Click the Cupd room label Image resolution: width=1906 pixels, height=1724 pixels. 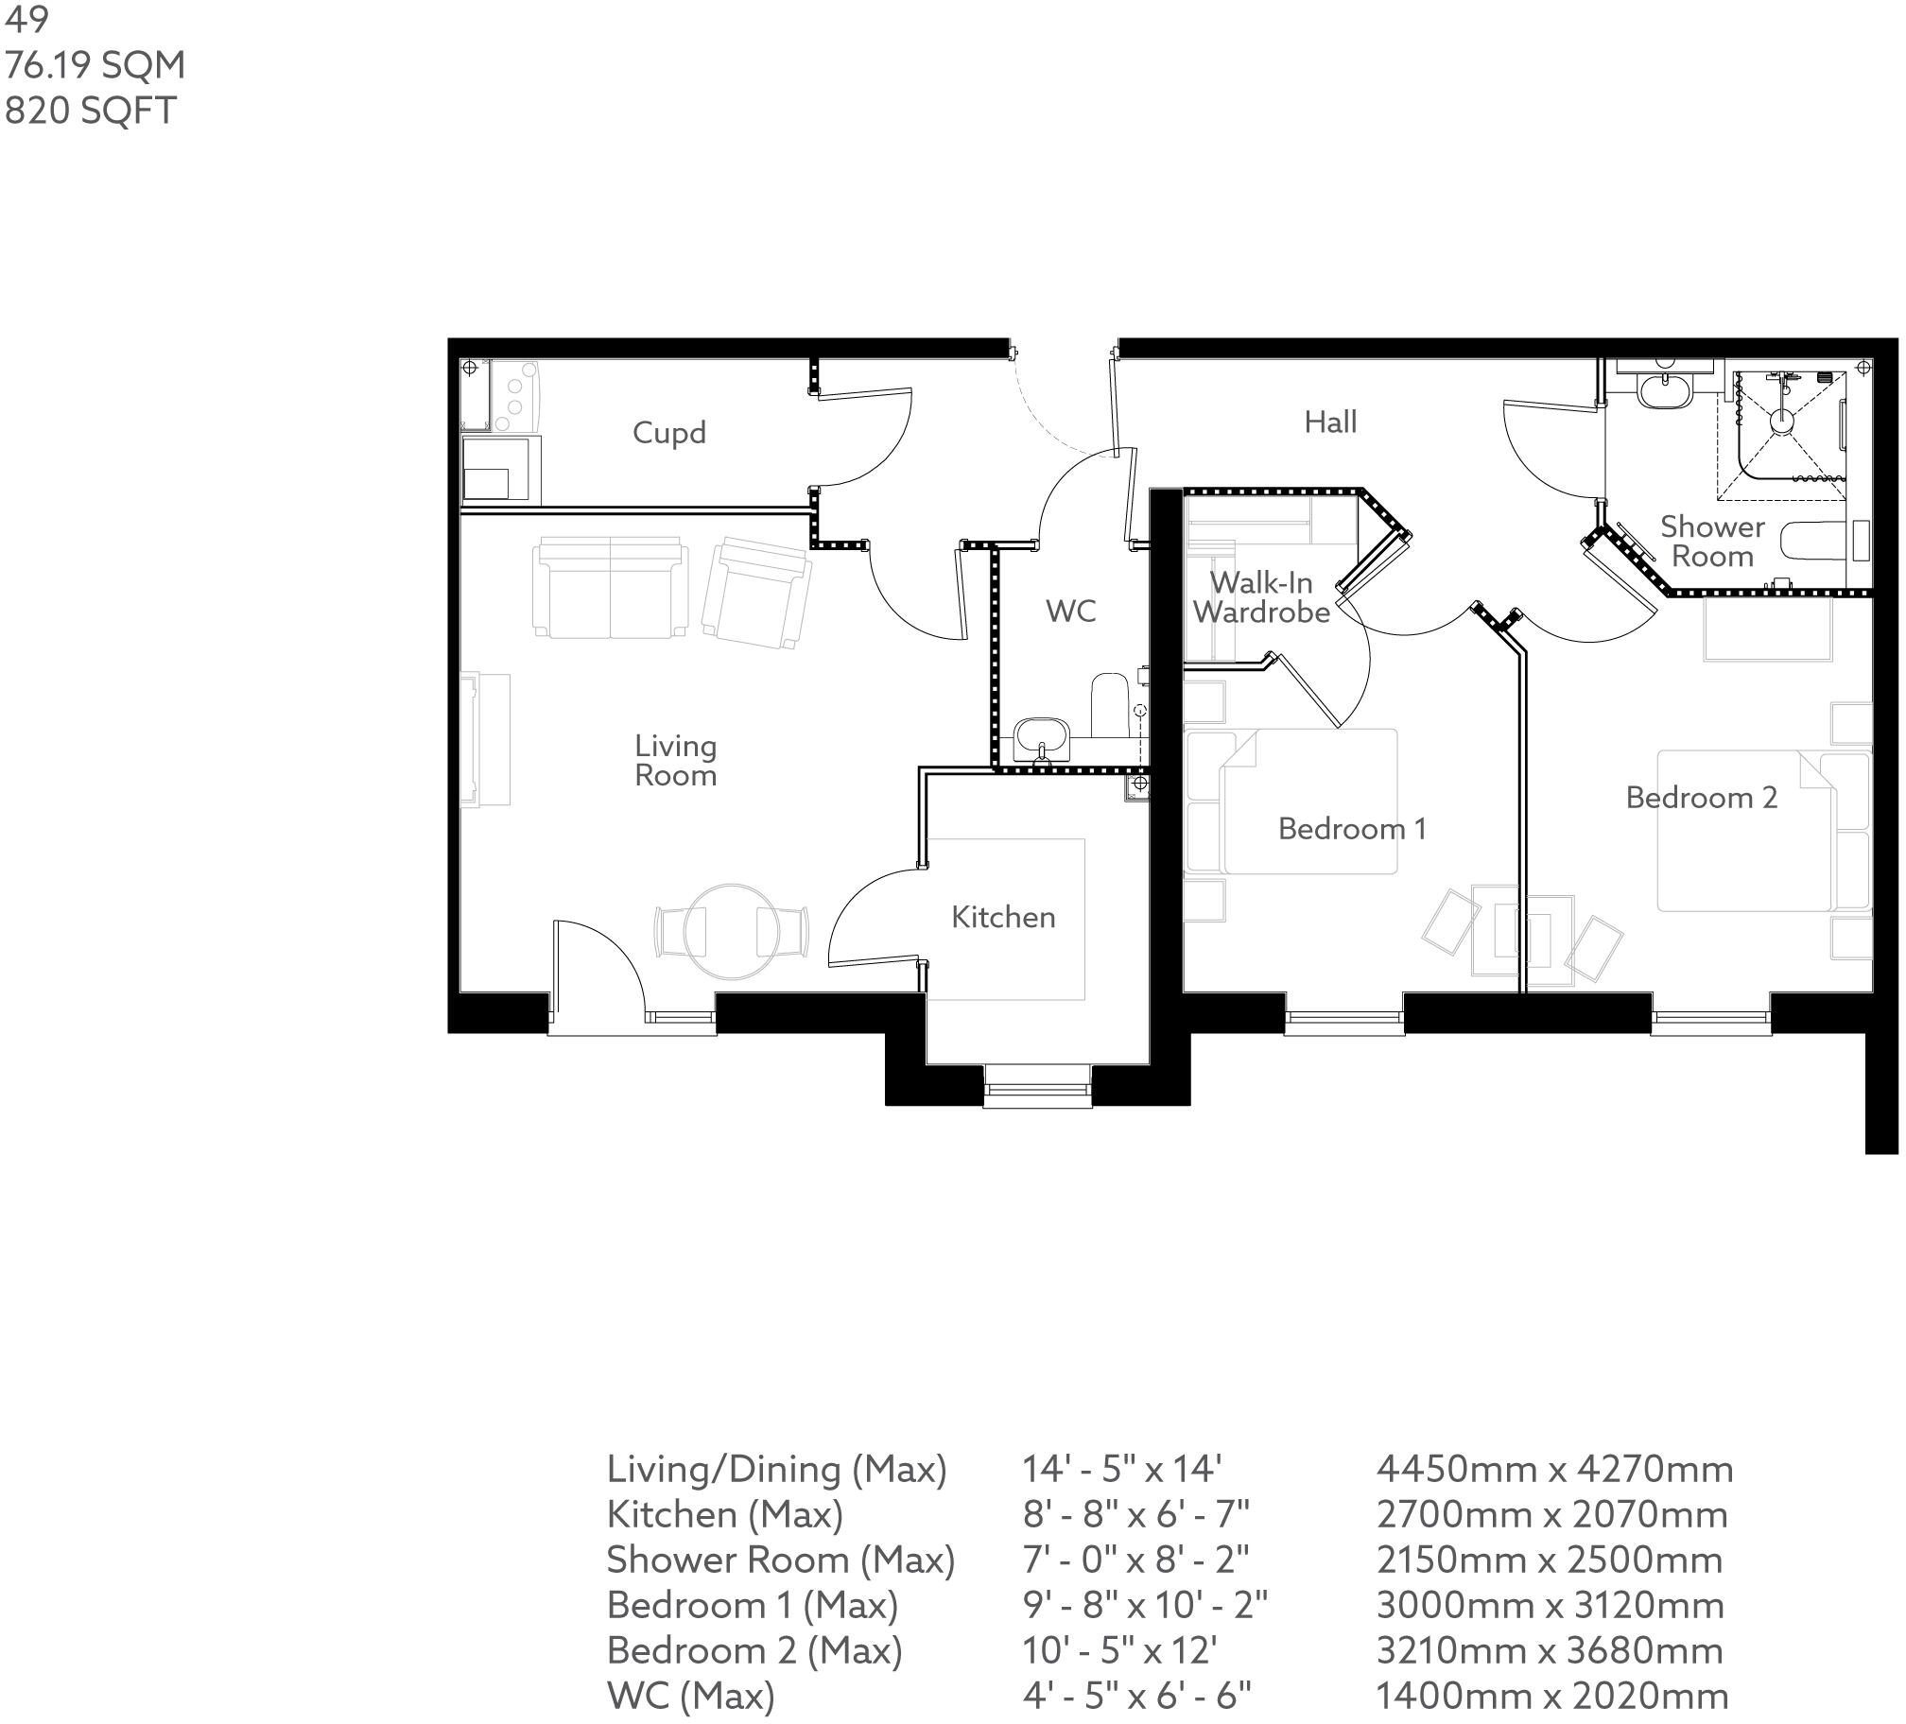coord(668,433)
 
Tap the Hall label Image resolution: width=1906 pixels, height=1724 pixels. coord(1330,422)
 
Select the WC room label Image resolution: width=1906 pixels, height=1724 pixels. coord(1070,612)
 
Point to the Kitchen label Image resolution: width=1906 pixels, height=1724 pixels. coord(1002,917)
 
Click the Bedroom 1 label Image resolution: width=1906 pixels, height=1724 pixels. coord(1351,829)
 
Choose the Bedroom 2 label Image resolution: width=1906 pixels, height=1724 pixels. coord(1701,798)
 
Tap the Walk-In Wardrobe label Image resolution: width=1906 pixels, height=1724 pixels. coord(1260,597)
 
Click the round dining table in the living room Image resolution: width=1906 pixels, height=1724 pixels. coord(730,931)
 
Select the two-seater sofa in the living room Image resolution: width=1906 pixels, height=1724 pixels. coord(609,588)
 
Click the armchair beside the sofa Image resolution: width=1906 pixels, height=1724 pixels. coord(756,593)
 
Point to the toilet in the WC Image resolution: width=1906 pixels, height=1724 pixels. coord(1110,704)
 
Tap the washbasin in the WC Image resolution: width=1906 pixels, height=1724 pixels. coord(1041,736)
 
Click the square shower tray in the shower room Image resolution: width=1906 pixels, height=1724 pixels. coord(1781,434)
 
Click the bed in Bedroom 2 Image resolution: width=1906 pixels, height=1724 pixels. coord(1744,831)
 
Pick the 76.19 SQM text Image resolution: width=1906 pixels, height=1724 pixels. coord(95,65)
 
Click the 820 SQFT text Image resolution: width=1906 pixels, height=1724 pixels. coord(90,111)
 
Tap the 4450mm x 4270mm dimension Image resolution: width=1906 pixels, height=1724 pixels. coord(1554,1469)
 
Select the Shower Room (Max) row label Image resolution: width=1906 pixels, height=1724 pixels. coord(780,1560)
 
